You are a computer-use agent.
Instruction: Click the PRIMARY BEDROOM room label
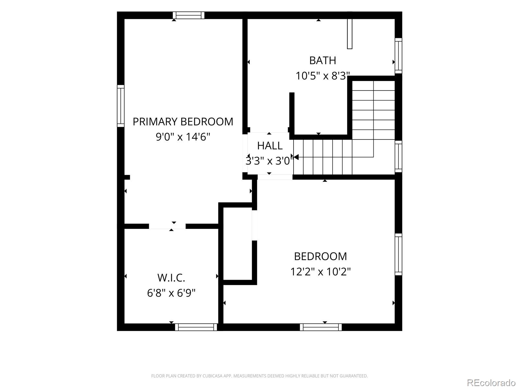click(x=183, y=122)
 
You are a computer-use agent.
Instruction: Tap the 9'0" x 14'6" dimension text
click(x=183, y=137)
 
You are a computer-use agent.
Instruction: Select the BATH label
click(x=322, y=61)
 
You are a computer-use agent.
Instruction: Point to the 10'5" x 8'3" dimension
click(x=322, y=76)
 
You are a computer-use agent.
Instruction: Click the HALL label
click(x=270, y=146)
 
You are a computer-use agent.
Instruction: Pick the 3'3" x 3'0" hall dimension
click(x=269, y=161)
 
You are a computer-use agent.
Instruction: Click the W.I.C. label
click(x=171, y=278)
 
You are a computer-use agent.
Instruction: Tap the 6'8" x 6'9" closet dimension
click(x=171, y=293)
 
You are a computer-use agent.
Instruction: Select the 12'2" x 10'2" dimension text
click(x=320, y=272)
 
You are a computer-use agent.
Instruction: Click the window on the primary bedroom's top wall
click(x=188, y=15)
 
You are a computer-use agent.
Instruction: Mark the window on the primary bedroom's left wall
click(x=121, y=106)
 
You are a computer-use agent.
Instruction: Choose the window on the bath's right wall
click(x=398, y=56)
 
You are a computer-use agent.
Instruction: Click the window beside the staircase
click(x=398, y=157)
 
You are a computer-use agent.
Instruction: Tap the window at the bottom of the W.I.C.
click(x=196, y=327)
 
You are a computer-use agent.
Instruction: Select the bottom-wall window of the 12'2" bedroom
click(x=321, y=327)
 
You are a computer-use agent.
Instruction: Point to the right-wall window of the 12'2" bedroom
click(x=398, y=254)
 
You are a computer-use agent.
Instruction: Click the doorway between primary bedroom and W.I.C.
click(x=167, y=226)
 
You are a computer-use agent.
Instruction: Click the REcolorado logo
click(x=491, y=383)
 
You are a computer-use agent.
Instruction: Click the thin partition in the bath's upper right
click(x=350, y=34)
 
